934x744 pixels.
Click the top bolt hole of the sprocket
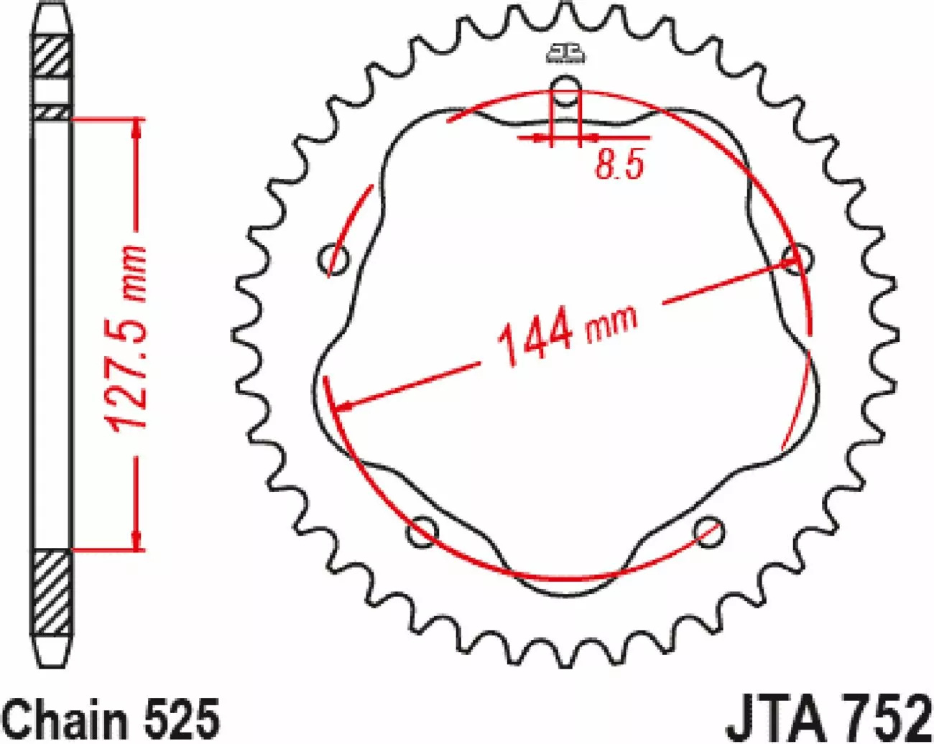[x=565, y=90]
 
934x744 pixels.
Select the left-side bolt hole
[x=333, y=260]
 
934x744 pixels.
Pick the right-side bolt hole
[x=799, y=259]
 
